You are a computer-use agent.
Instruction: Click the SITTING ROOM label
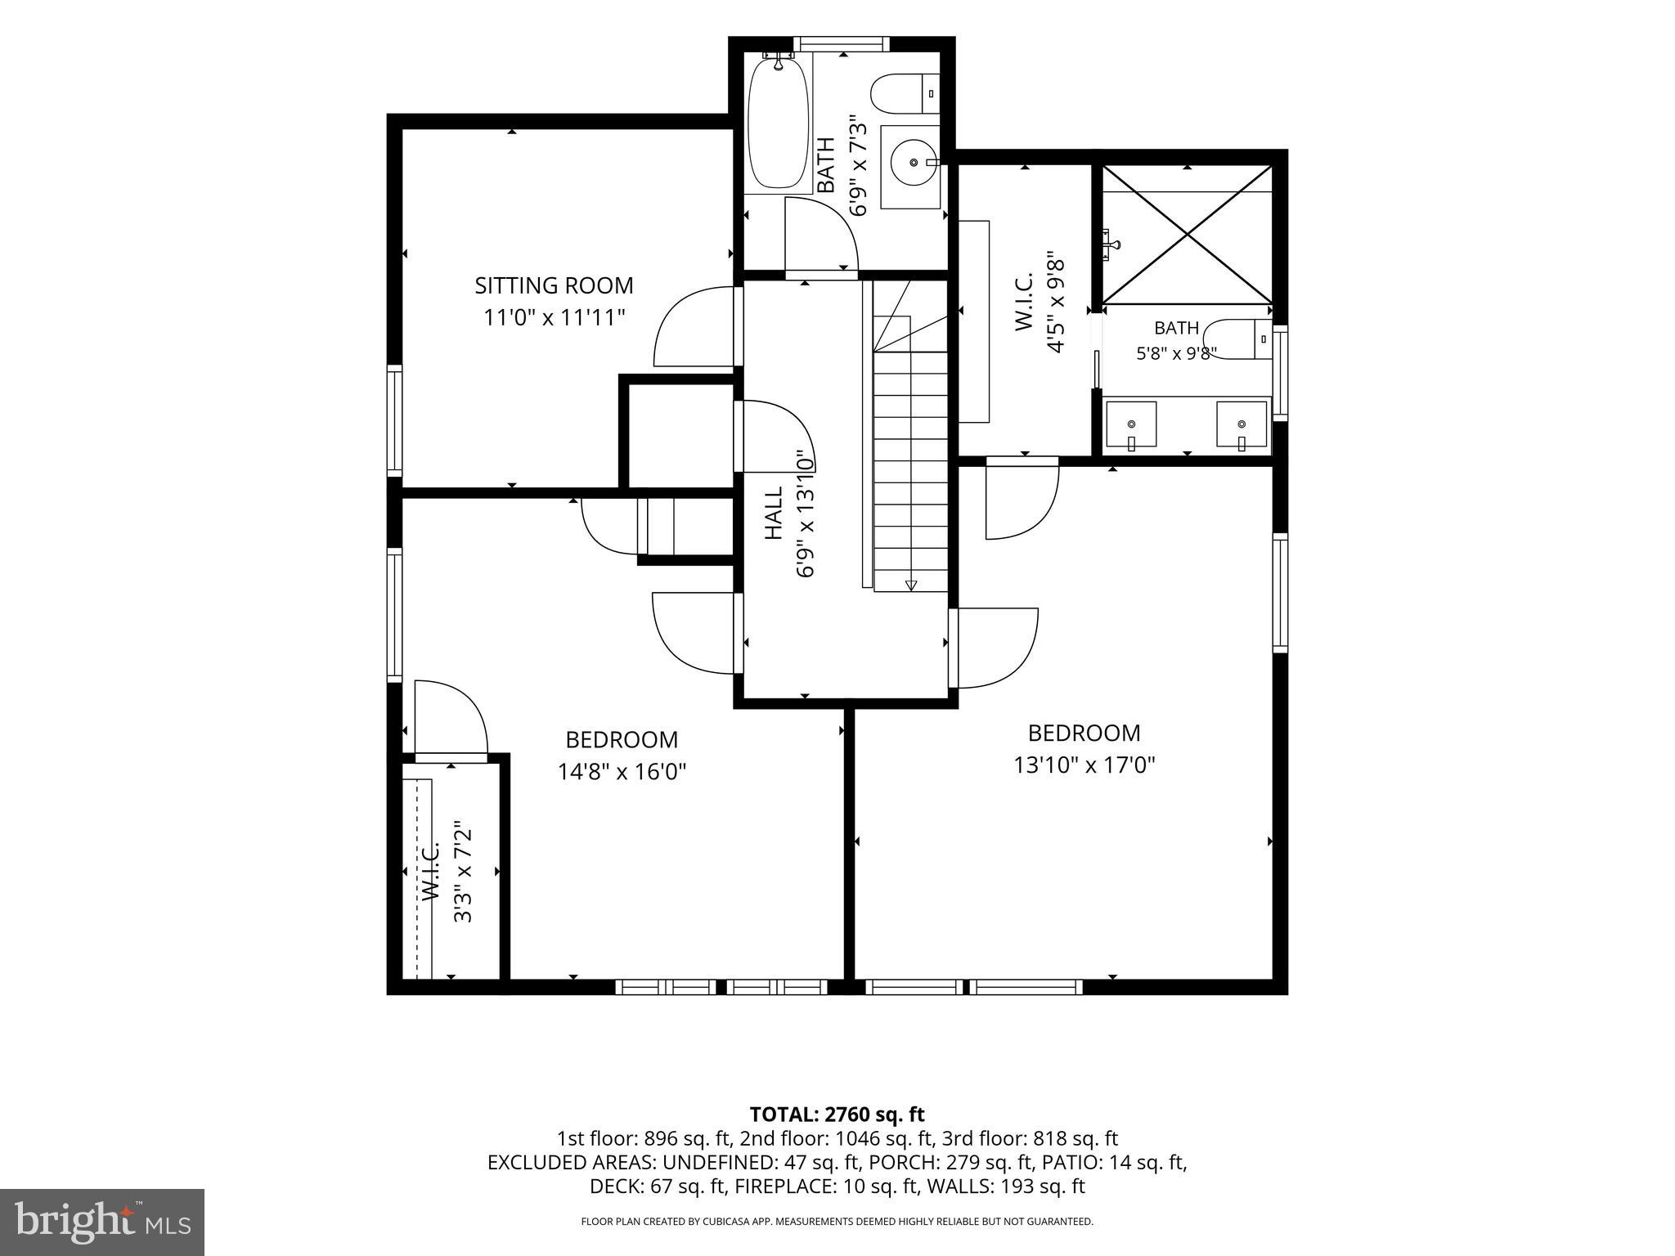554,285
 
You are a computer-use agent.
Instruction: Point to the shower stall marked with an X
1187,235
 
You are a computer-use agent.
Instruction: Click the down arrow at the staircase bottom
910,584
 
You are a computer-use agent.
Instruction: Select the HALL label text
774,513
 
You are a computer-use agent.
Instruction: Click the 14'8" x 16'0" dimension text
622,771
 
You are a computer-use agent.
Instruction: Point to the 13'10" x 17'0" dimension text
1084,765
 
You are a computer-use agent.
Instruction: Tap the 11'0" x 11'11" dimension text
554,316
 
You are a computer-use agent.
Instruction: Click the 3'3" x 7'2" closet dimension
463,872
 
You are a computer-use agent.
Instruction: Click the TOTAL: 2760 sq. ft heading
837,1114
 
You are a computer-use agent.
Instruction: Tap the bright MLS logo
102,1222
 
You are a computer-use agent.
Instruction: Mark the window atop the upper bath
841,43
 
